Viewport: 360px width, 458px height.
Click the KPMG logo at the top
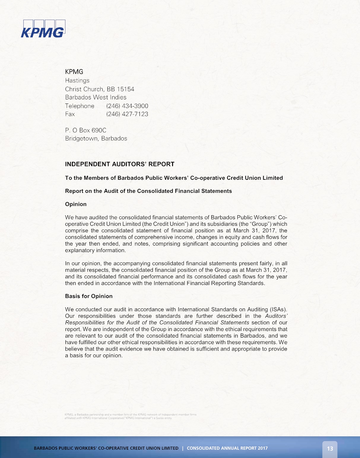tap(43, 29)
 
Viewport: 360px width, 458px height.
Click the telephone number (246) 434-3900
tap(127, 106)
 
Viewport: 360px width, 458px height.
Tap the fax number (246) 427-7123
tap(127, 114)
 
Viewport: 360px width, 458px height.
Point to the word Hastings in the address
tap(77, 80)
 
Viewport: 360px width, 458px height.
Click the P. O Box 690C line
tap(85, 130)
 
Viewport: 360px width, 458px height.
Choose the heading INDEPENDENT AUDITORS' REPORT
tap(120, 164)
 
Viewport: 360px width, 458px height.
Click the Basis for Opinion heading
tap(89, 296)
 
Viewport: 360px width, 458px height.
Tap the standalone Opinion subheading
tap(76, 204)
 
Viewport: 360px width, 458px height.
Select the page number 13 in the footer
tap(330, 449)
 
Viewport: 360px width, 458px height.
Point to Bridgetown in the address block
tap(82, 139)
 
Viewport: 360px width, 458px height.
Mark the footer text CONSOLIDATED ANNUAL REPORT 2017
tap(227, 448)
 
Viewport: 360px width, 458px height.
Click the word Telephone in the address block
tap(80, 106)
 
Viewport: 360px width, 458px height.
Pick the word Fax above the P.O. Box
tap(70, 114)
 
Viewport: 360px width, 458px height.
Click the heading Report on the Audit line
tap(148, 191)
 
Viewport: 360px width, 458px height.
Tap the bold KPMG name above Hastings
tap(74, 72)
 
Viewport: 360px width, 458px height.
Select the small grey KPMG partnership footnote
tap(130, 416)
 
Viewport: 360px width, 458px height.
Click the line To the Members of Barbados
tap(174, 178)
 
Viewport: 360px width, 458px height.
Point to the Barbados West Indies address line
tap(96, 97)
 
